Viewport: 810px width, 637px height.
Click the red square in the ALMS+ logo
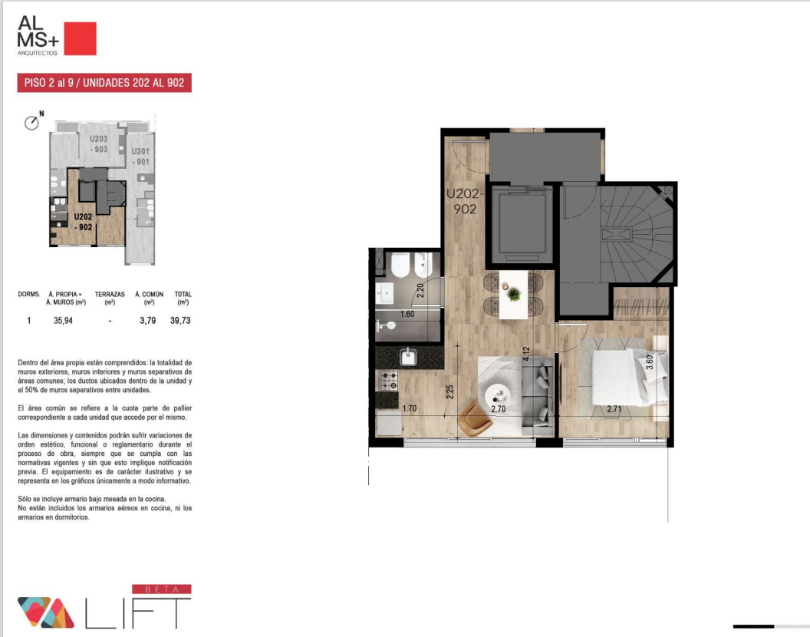[x=80, y=38]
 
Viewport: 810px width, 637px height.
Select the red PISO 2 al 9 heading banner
[x=104, y=83]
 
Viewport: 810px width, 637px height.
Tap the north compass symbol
[x=32, y=123]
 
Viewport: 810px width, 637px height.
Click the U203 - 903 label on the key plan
[x=99, y=144]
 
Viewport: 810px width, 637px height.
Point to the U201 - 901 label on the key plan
[x=140, y=156]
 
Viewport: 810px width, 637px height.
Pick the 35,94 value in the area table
[x=63, y=321]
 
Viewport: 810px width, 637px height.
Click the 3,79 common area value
[x=148, y=321]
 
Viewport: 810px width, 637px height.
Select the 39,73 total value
[x=180, y=321]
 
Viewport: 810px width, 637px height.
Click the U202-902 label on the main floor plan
[x=465, y=201]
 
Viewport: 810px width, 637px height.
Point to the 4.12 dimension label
[x=526, y=354]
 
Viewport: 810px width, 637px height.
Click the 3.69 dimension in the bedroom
[x=650, y=361]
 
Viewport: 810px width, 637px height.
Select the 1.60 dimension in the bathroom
[x=407, y=314]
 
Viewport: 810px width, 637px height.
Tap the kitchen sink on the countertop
[x=409, y=356]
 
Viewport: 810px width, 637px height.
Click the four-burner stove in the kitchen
[x=389, y=381]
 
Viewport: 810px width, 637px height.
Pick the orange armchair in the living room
[x=475, y=417]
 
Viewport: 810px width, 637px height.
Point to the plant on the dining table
[x=513, y=294]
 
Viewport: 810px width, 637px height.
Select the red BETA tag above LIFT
[x=162, y=589]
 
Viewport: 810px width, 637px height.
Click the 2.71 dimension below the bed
[x=614, y=409]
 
